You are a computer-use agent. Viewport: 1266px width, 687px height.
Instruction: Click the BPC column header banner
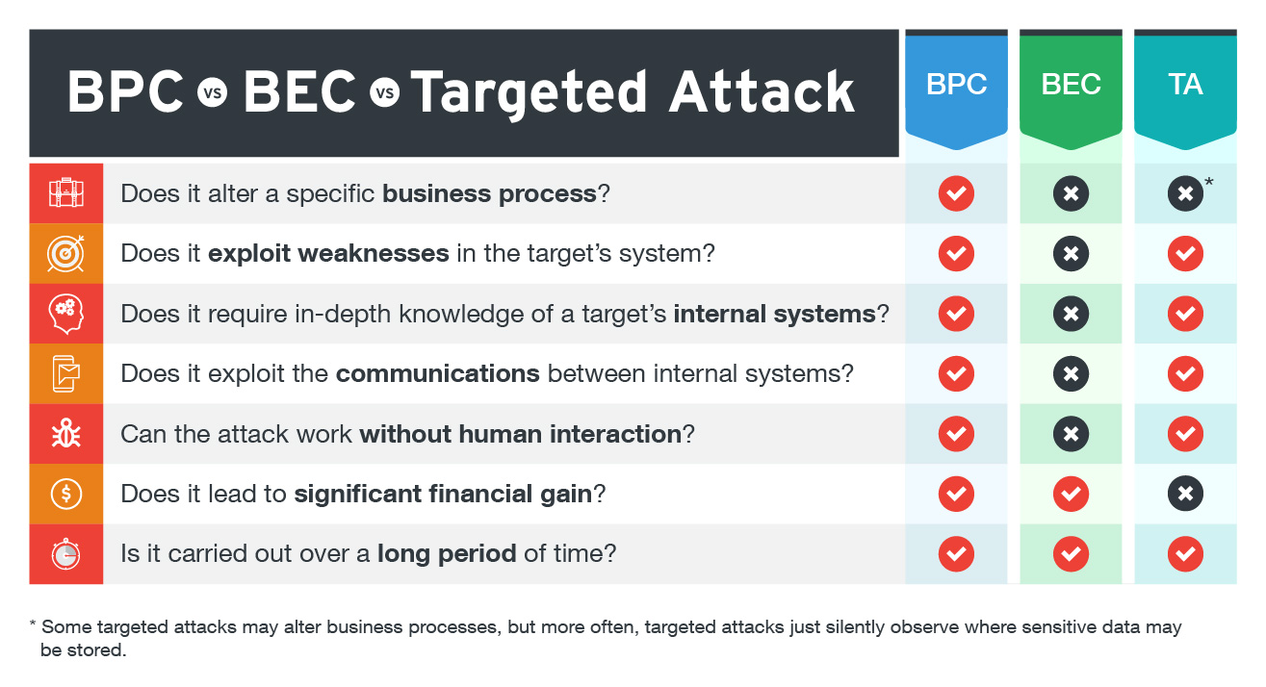[x=956, y=89]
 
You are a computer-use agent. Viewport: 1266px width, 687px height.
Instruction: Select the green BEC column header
[x=1071, y=89]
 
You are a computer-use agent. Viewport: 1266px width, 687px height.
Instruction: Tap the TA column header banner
[x=1185, y=89]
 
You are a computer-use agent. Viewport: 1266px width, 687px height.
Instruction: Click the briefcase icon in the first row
[x=66, y=193]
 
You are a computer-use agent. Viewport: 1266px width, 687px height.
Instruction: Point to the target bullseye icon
[x=66, y=254]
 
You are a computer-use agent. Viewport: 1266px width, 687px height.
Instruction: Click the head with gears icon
[x=66, y=314]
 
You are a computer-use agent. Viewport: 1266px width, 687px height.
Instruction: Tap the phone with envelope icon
[x=66, y=373]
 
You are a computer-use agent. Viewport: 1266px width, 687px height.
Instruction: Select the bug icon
[x=66, y=433]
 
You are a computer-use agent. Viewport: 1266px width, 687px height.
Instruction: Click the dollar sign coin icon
[x=66, y=494]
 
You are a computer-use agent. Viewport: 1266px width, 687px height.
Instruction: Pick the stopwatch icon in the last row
[x=66, y=553]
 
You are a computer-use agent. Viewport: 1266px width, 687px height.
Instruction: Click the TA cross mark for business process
[x=1185, y=193]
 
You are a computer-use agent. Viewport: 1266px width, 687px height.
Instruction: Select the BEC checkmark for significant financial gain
[x=1071, y=494]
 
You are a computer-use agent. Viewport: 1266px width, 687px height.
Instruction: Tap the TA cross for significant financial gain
[x=1185, y=494]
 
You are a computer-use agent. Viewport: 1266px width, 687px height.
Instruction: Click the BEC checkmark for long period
[x=1071, y=553]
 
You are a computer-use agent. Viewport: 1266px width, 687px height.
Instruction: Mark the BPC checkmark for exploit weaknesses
[x=956, y=254]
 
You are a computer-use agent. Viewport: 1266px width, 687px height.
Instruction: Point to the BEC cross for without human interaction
[x=1071, y=434]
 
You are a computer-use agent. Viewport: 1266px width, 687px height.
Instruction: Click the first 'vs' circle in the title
[x=213, y=92]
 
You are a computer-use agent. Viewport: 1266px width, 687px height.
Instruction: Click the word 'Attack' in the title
[x=762, y=91]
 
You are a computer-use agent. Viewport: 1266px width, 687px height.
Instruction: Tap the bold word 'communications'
[x=438, y=373]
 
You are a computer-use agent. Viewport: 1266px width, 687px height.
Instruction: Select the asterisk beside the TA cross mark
[x=1209, y=182]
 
